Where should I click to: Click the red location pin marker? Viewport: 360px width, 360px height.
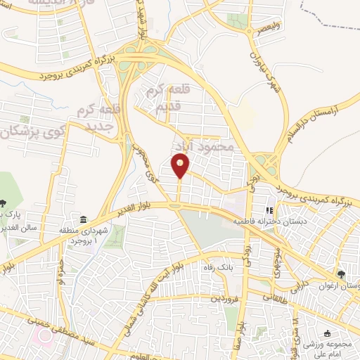click(181, 166)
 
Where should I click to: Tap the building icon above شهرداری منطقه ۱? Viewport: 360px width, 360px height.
click(84, 219)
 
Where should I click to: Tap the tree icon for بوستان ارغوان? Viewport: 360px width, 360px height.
click(342, 274)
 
